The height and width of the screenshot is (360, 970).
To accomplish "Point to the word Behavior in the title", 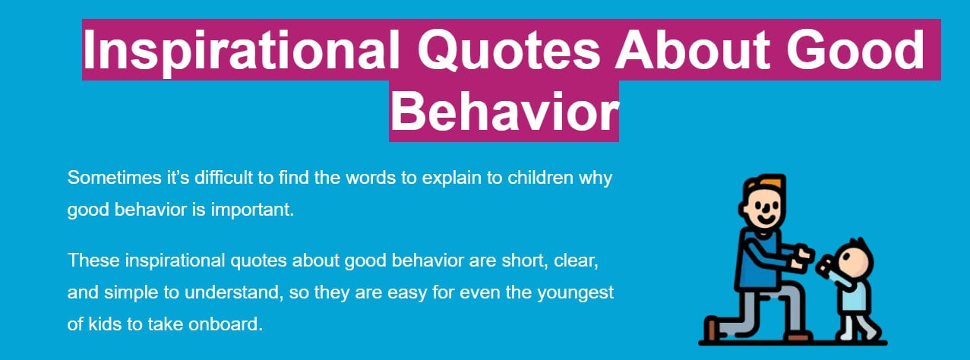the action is [x=504, y=112].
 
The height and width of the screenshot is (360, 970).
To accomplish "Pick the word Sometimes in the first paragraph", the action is [x=115, y=178].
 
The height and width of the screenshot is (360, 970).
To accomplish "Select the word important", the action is [x=252, y=210].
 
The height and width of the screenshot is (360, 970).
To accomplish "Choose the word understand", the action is [x=234, y=292].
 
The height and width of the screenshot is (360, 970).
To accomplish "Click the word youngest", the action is [x=576, y=293].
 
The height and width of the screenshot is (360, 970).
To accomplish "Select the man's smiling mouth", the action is [x=766, y=219].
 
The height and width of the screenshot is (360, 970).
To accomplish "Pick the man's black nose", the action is [x=766, y=207].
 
